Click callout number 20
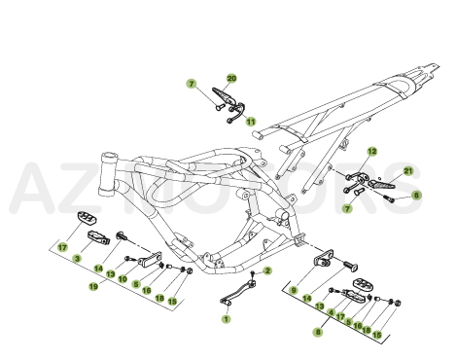click(231, 77)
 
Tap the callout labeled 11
click(250, 122)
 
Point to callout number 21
click(408, 172)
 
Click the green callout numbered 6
click(416, 195)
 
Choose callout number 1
click(227, 317)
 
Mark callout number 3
click(77, 258)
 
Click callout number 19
click(94, 287)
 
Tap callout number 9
click(294, 290)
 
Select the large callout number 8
click(317, 331)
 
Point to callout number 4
click(332, 313)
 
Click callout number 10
click(123, 278)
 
